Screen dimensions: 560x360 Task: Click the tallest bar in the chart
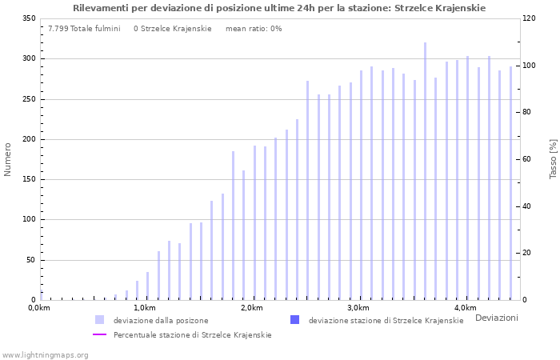point(425,171)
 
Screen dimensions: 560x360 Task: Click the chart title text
point(279,8)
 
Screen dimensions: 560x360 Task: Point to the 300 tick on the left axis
point(30,58)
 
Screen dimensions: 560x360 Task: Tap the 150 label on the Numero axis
point(30,179)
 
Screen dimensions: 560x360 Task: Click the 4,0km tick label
point(466,308)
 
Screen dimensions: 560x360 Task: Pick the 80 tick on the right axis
point(526,112)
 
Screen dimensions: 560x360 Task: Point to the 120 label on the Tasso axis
point(529,18)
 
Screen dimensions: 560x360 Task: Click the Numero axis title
point(7,159)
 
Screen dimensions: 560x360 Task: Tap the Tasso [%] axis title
point(554,159)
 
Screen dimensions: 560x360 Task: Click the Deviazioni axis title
point(497,318)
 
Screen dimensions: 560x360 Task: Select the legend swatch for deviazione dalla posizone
point(100,320)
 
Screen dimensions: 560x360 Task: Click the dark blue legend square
point(294,320)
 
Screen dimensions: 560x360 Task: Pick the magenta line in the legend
point(100,334)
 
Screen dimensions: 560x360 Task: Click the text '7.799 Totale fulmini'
point(84,29)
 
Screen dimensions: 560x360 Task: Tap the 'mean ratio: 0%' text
point(254,29)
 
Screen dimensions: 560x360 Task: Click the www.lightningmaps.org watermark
point(45,355)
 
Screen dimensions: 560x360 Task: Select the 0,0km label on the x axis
point(39,308)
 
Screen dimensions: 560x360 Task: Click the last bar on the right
point(510,183)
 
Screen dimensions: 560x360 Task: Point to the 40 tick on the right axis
point(526,206)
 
